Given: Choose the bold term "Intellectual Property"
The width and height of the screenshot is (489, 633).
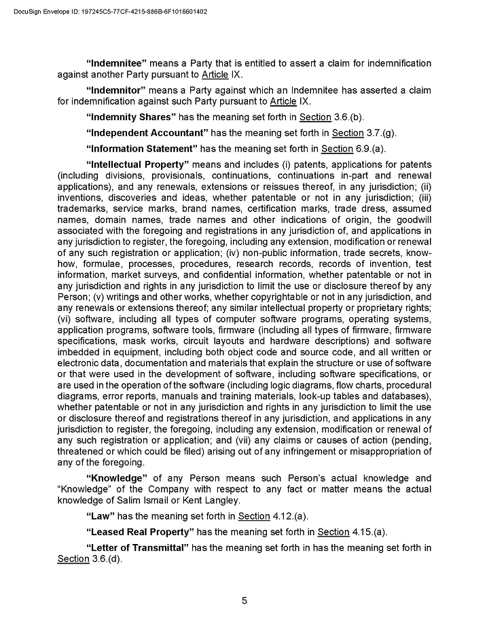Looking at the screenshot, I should [137, 164].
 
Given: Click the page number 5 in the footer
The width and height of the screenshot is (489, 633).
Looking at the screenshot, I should [244, 600].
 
